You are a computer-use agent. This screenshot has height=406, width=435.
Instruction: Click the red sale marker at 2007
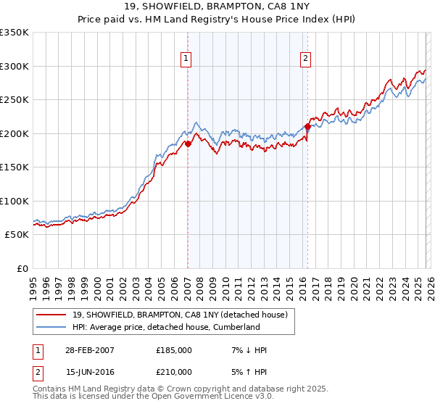188,144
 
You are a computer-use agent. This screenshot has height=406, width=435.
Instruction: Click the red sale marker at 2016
307,127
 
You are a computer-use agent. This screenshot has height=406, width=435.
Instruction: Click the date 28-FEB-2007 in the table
89,350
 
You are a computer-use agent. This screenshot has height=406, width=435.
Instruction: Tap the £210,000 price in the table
173,372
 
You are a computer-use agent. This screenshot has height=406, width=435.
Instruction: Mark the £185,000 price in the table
173,350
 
